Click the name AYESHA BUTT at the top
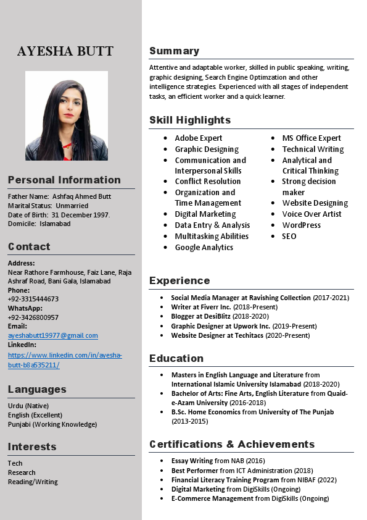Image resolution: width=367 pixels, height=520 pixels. (x=65, y=51)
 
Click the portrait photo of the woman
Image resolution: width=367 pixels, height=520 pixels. (x=67, y=115)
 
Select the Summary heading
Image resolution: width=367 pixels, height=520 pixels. (x=174, y=51)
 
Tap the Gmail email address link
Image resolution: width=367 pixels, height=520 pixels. (x=53, y=335)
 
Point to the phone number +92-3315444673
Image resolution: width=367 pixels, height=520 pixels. (x=33, y=299)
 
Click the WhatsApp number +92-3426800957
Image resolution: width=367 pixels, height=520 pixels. (x=33, y=317)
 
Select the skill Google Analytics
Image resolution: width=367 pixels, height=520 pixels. (x=204, y=247)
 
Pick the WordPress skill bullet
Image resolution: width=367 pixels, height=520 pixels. (x=301, y=225)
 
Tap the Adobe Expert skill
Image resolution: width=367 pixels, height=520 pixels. (x=198, y=138)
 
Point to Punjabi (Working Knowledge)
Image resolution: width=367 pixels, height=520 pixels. (x=52, y=424)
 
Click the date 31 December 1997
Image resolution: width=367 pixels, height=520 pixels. (x=80, y=214)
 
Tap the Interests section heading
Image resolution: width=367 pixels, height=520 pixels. (x=32, y=447)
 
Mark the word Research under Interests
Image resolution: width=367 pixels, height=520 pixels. (x=22, y=472)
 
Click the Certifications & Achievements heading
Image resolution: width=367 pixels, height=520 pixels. (x=232, y=444)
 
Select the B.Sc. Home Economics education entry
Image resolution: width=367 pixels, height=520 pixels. (x=252, y=412)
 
